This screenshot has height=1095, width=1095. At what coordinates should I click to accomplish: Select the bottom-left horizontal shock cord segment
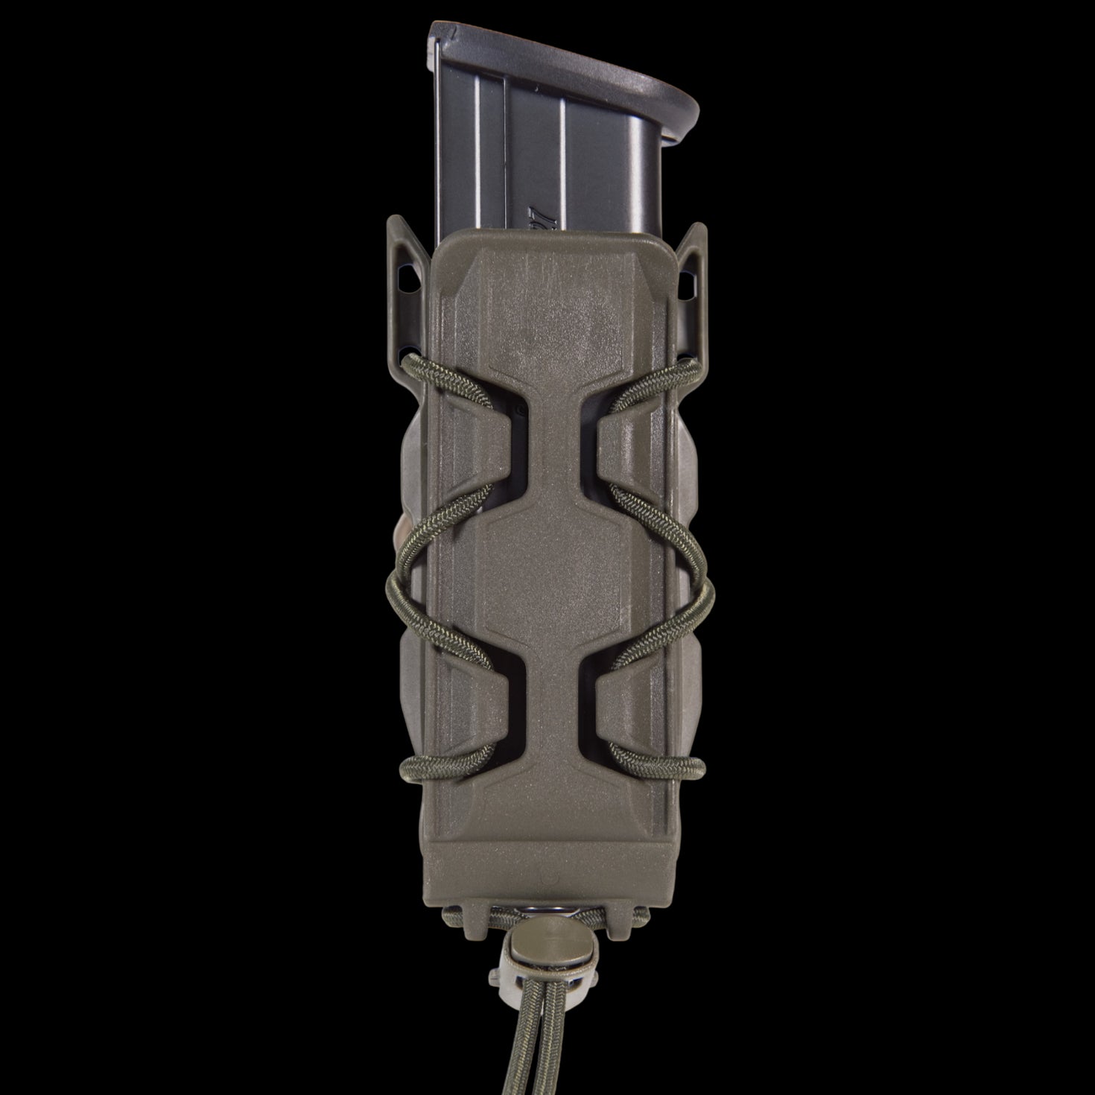447,764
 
